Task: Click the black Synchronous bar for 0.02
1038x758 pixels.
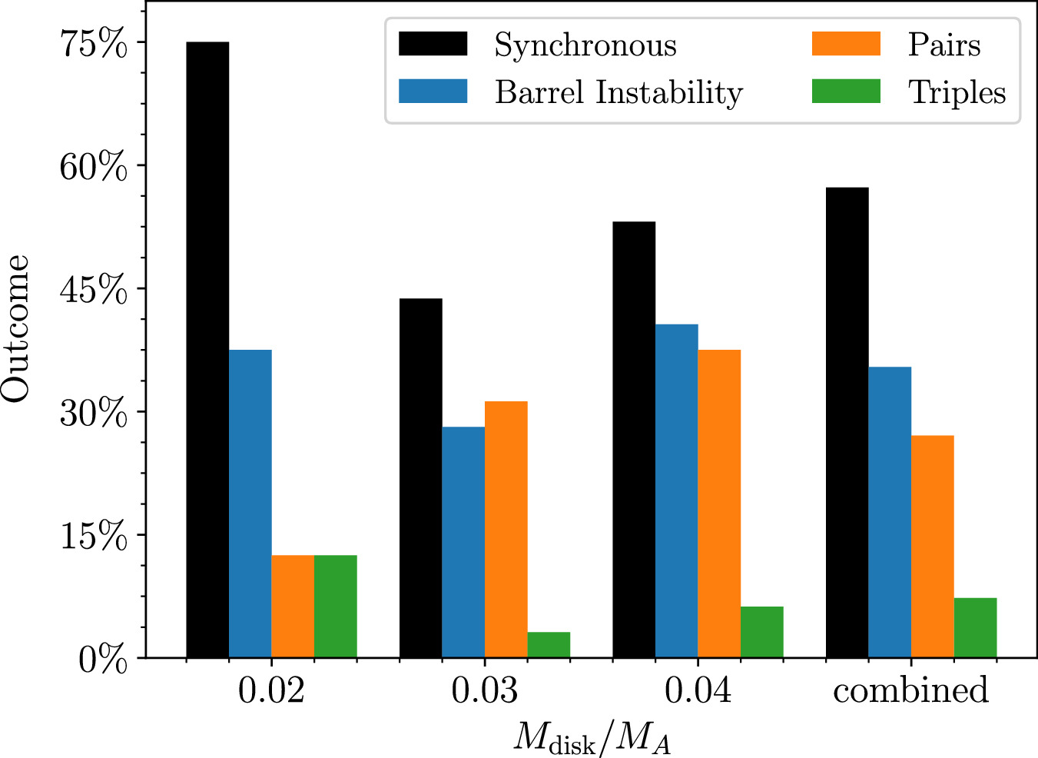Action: point(207,350)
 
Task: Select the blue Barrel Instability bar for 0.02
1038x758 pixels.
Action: point(250,504)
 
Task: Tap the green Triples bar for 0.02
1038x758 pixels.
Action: point(336,606)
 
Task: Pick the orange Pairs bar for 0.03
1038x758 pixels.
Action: point(506,529)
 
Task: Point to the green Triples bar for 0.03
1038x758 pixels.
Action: point(549,644)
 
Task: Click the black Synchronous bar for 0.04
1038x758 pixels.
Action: point(634,440)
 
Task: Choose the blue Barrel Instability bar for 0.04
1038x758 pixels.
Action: point(677,490)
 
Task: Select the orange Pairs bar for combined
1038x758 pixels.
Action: point(933,546)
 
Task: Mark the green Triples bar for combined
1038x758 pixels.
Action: point(976,627)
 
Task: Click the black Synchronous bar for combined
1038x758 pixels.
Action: point(847,422)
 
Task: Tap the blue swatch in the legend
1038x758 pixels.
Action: point(433,91)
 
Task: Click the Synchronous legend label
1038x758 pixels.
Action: point(585,45)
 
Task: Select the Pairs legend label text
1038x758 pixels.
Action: point(944,45)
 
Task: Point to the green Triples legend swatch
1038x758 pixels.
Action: point(846,91)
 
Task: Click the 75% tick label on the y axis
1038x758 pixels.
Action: point(94,43)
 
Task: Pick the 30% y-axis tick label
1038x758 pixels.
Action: point(94,414)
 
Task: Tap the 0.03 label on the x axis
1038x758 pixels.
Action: point(485,690)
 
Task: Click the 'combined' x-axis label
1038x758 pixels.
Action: point(910,690)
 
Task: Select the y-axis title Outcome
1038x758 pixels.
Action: point(15,328)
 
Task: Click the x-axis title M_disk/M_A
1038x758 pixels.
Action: point(592,738)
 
